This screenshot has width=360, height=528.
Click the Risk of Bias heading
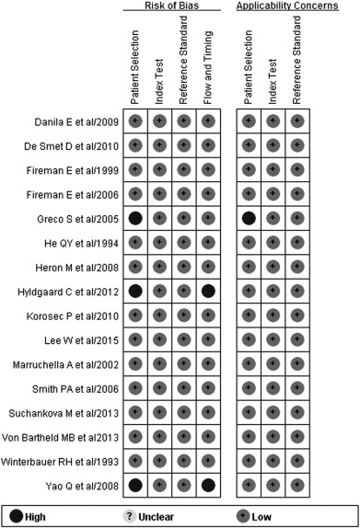(171, 6)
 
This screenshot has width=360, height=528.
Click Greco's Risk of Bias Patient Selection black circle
(135, 217)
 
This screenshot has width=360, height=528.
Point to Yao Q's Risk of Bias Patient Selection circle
(135, 483)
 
